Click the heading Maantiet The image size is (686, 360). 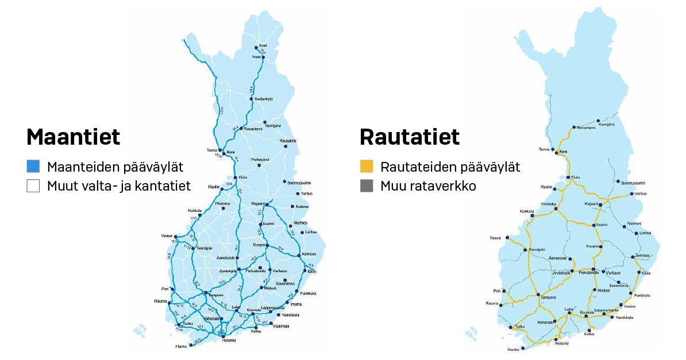(73, 137)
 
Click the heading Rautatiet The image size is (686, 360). (409, 137)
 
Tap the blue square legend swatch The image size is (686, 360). (33, 167)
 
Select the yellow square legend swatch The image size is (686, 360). (366, 167)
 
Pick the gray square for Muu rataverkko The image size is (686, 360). (366, 186)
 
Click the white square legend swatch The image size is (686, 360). (33, 186)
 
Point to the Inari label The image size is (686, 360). (263, 45)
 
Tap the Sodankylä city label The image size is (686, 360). (264, 99)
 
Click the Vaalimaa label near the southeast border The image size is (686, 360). (281, 326)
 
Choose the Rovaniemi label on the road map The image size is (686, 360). (253, 129)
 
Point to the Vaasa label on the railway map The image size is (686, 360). (495, 238)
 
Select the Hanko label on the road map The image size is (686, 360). (182, 347)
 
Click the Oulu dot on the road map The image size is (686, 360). (236, 177)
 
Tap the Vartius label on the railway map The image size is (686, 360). (641, 193)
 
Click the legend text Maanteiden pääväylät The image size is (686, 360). (115, 167)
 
